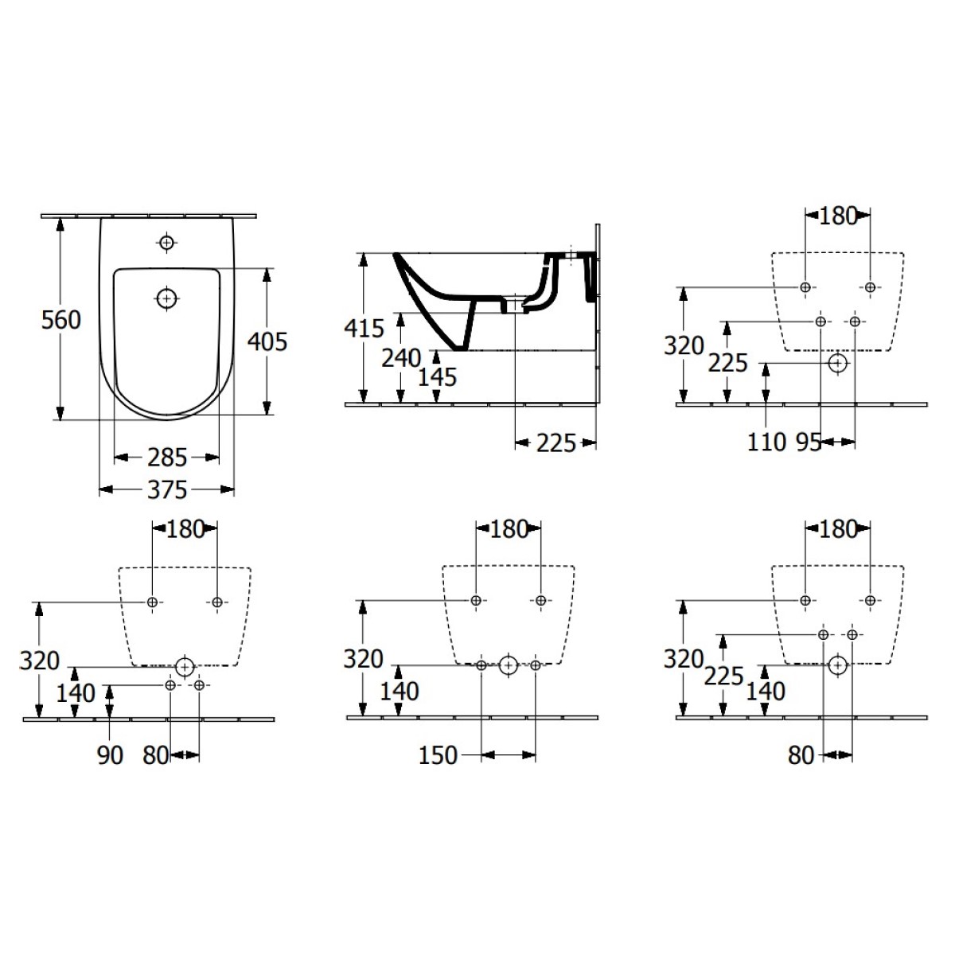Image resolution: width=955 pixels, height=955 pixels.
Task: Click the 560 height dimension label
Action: click(x=61, y=320)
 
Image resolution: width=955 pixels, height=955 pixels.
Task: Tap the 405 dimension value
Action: click(x=267, y=342)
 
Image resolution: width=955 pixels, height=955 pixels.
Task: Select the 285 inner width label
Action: click(x=167, y=458)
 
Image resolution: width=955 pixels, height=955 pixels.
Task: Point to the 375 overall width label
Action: click(x=167, y=490)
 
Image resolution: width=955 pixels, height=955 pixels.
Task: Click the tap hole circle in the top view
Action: click(x=167, y=243)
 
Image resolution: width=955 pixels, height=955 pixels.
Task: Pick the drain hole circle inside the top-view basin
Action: click(x=167, y=299)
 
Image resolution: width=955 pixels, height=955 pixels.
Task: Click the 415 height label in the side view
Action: click(x=364, y=328)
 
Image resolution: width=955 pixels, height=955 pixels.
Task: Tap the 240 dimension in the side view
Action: click(x=401, y=358)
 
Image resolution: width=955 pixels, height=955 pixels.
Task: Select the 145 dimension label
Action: click(x=437, y=378)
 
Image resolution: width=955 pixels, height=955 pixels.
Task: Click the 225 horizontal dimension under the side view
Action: click(x=556, y=443)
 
